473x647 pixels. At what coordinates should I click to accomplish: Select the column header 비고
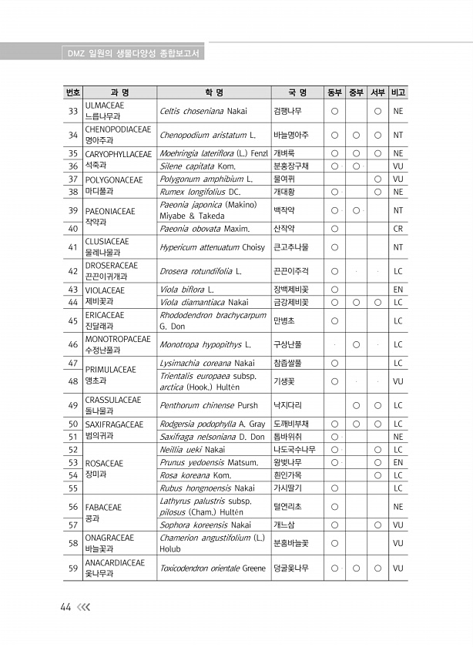point(398,92)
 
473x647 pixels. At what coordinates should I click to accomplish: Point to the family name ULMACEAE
point(106,105)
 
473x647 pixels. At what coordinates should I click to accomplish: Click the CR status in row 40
point(398,229)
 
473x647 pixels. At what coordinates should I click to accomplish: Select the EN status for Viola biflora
point(398,290)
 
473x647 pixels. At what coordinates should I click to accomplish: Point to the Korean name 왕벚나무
point(290,462)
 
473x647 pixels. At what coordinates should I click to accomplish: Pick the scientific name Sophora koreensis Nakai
point(205,525)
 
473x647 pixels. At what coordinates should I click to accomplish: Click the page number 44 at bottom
point(66,606)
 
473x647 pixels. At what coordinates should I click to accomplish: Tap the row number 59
point(73,569)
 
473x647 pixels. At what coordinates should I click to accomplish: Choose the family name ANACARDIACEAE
point(115,563)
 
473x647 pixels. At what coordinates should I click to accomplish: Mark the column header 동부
point(334,92)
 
